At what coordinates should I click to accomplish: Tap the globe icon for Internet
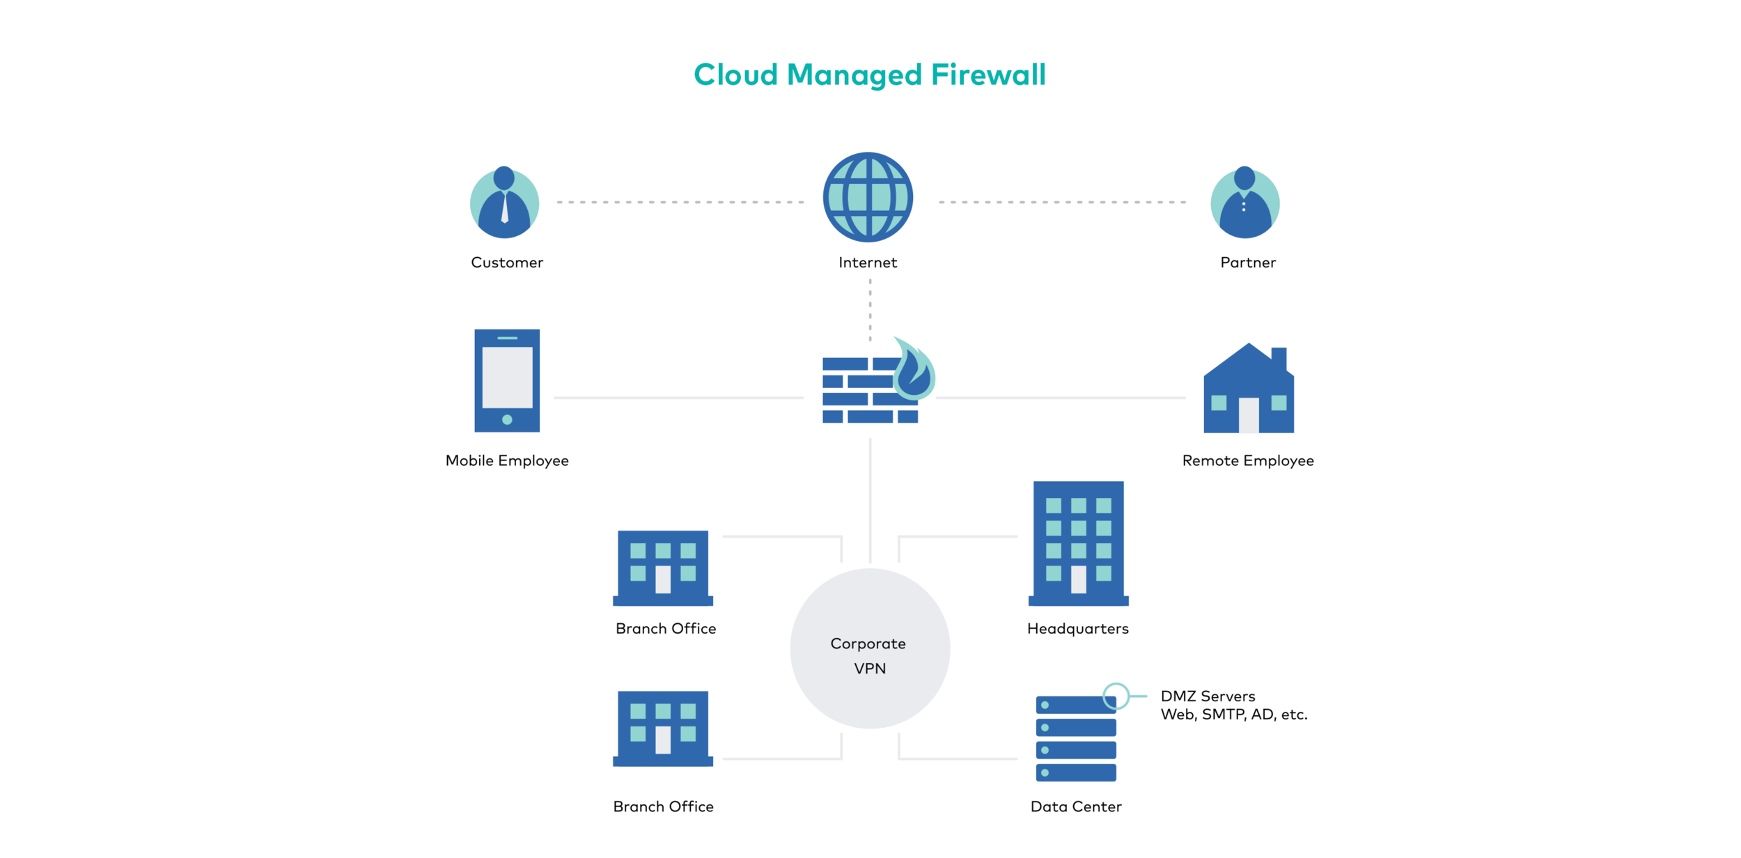pyautogui.click(x=868, y=197)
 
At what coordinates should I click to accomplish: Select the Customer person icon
pyautogui.click(x=504, y=203)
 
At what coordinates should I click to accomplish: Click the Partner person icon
pyautogui.click(x=1244, y=203)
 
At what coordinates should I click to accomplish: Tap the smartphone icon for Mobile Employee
pyautogui.click(x=507, y=380)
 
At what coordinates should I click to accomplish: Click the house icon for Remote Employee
pyautogui.click(x=1248, y=393)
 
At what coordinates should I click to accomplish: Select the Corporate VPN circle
pyautogui.click(x=870, y=648)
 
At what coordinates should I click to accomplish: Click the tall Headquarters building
pyautogui.click(x=1078, y=543)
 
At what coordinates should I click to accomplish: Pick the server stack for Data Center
pyautogui.click(x=1076, y=738)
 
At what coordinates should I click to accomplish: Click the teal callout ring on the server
pyautogui.click(x=1116, y=696)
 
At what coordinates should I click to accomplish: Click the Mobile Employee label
pyautogui.click(x=507, y=460)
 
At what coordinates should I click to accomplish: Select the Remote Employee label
pyautogui.click(x=1248, y=460)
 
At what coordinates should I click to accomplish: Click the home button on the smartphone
pyautogui.click(x=507, y=420)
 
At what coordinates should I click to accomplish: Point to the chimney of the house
pyautogui.click(x=1279, y=359)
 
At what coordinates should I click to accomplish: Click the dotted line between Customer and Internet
pyautogui.click(x=680, y=202)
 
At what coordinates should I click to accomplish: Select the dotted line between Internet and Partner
pyautogui.click(x=1062, y=202)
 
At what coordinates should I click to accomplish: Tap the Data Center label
pyautogui.click(x=1076, y=806)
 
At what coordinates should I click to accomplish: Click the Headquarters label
pyautogui.click(x=1078, y=629)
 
